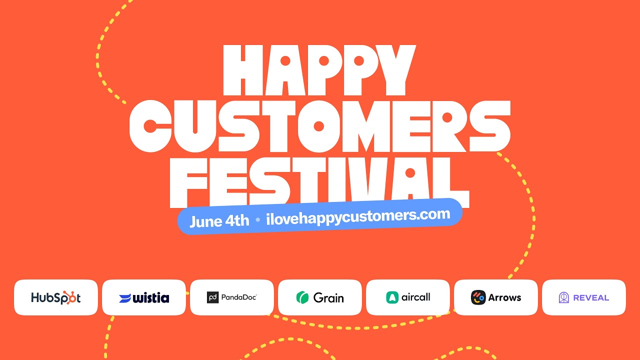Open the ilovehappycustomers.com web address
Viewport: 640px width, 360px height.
coord(358,216)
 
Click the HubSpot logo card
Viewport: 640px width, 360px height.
coord(56,297)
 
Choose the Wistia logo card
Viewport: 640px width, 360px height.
coord(144,297)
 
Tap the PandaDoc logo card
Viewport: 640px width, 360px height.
coord(232,297)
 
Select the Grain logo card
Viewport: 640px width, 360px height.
coord(320,297)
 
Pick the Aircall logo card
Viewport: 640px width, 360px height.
coord(408,297)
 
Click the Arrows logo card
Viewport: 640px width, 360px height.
coord(496,297)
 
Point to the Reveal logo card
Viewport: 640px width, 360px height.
coord(584,297)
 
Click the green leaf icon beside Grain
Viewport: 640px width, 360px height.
coord(302,297)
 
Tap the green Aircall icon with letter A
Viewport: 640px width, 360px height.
coord(392,297)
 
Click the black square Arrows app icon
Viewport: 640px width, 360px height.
coord(478,297)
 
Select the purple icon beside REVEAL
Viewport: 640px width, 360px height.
coord(564,297)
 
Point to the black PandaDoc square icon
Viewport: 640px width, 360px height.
coord(213,297)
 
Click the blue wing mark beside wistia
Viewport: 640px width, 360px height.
coord(125,298)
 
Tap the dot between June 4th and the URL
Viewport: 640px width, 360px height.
coord(257,219)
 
